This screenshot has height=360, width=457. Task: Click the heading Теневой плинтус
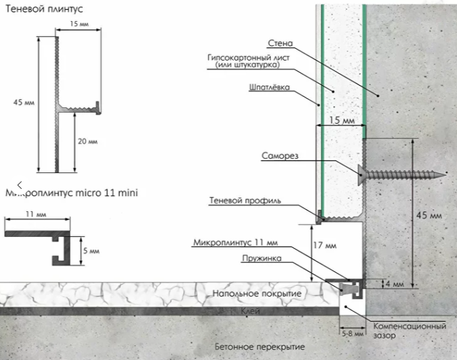coord(44,9)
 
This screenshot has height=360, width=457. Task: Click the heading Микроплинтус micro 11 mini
coord(72,193)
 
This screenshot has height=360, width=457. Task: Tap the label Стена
coord(280,43)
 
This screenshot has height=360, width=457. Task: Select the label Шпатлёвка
coord(270,88)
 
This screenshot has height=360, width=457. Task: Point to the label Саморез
coord(280,156)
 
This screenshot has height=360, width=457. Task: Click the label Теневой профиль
coord(245,201)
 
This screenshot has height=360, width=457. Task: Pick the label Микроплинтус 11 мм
coord(235,242)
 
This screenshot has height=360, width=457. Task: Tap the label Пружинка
coord(262,259)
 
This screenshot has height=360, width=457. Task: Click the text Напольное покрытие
coord(256,293)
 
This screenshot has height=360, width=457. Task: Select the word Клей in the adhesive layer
coord(251,311)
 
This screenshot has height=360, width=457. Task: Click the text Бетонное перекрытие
coord(260,347)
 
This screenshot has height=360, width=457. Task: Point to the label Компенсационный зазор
coord(410,330)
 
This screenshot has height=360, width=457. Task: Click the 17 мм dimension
coord(325,245)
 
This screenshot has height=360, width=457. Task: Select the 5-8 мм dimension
coord(353,333)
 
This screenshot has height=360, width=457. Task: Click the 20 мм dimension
coord(87,141)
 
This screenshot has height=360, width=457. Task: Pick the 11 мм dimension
coord(36,215)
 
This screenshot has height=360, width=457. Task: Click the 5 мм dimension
coord(91,251)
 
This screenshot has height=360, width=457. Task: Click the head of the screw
coord(361,175)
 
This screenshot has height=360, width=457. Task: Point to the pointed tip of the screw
coord(446,175)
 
